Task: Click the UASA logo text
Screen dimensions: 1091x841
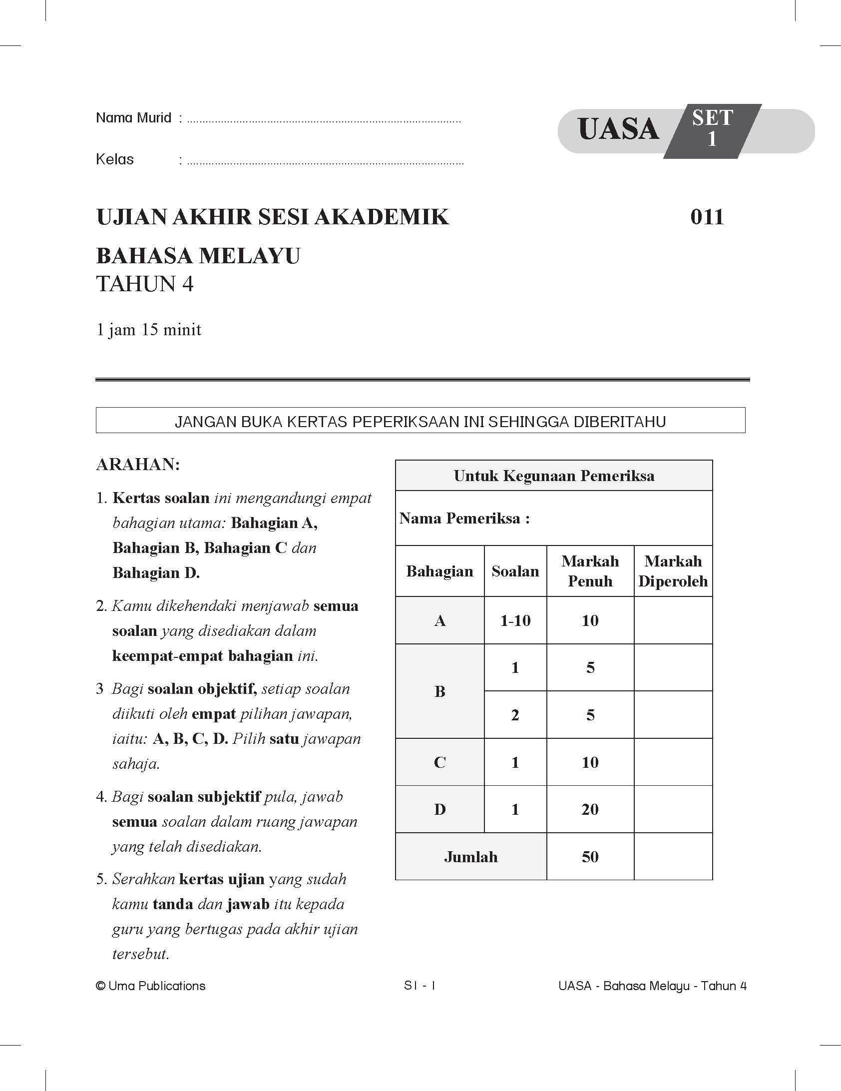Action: click(618, 130)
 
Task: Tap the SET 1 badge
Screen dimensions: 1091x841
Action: click(712, 129)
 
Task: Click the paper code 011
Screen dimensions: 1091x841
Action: click(707, 217)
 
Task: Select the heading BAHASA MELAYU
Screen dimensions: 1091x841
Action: click(198, 256)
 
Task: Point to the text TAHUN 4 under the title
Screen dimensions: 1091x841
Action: click(144, 284)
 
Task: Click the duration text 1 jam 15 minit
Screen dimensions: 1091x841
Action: click(149, 330)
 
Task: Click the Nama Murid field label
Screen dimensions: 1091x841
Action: click(133, 118)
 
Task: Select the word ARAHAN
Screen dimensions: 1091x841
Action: click(138, 465)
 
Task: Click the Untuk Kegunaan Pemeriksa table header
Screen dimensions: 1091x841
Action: click(554, 476)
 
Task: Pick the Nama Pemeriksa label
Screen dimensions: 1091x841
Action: click(464, 519)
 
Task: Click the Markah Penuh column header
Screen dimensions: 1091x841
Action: click(590, 571)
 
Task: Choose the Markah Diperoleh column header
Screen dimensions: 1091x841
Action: click(673, 571)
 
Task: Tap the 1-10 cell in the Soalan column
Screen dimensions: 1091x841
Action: click(515, 620)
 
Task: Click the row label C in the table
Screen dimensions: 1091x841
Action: click(439, 762)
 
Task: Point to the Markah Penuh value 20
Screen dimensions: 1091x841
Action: click(590, 809)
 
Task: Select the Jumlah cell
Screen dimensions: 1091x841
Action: click(471, 857)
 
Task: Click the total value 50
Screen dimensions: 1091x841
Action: click(590, 857)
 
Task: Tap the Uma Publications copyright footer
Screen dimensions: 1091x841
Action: click(151, 986)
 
